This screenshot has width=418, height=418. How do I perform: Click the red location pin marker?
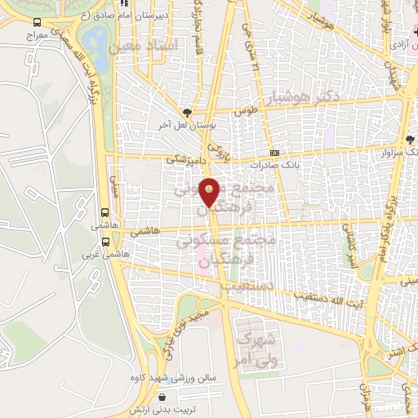click(x=210, y=192)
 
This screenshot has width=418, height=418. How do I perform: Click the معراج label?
click(x=37, y=37)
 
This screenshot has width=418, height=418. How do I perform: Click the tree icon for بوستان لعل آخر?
click(x=188, y=113)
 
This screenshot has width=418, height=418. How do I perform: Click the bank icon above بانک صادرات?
click(x=275, y=152)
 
